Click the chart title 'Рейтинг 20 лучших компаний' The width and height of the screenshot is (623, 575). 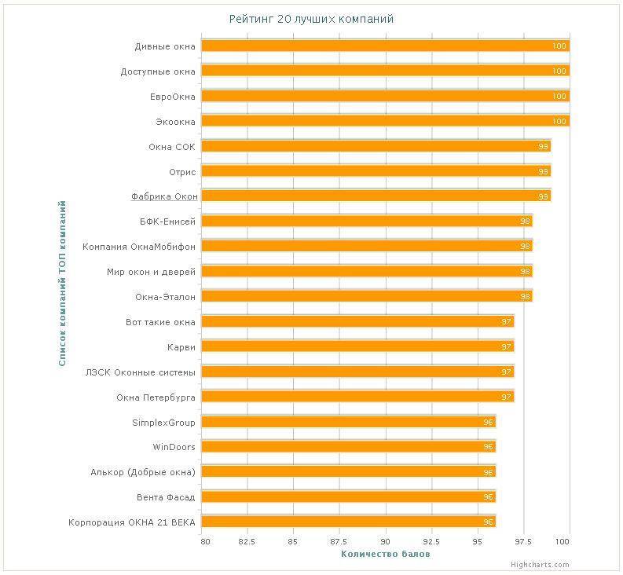pyautogui.click(x=311, y=18)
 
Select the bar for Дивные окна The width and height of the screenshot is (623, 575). pyautogui.click(x=385, y=46)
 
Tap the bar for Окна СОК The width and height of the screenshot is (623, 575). pyautogui.click(x=376, y=146)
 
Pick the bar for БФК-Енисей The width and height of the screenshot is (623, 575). pyautogui.click(x=367, y=222)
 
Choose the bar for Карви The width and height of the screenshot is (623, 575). pyautogui.click(x=357, y=346)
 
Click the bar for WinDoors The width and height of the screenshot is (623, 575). pyautogui.click(x=348, y=447)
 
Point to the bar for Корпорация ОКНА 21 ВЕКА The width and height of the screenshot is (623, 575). pyautogui.click(x=348, y=522)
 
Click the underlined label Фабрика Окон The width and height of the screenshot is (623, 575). pyautogui.click(x=164, y=196)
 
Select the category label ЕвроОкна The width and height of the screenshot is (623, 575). pyautogui.click(x=172, y=96)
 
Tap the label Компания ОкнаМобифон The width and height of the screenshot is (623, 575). pyautogui.click(x=139, y=247)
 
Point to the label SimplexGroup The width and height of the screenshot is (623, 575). pyautogui.click(x=163, y=423)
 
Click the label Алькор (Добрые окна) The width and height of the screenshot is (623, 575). pyautogui.click(x=143, y=472)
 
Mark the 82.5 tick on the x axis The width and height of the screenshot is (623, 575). pyautogui.click(x=247, y=541)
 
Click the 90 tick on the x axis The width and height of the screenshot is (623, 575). pyautogui.click(x=385, y=541)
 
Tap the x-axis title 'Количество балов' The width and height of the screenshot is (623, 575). pyautogui.click(x=385, y=555)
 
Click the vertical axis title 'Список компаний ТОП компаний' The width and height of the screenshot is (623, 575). pyautogui.click(x=62, y=284)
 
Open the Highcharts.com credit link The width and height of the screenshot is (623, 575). pyautogui.click(x=539, y=565)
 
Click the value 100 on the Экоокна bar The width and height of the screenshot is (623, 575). pyautogui.click(x=559, y=122)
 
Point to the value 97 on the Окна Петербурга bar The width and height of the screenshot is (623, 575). pyautogui.click(x=507, y=397)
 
